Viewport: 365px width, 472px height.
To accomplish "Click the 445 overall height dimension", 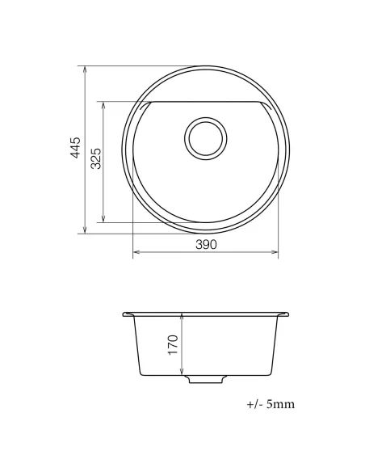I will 76,150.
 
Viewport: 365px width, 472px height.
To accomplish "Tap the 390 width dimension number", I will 205,245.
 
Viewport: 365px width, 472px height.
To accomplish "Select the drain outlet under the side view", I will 205,378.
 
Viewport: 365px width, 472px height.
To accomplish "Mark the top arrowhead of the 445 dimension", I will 86,69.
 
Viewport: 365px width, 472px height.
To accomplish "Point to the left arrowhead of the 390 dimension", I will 135,253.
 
